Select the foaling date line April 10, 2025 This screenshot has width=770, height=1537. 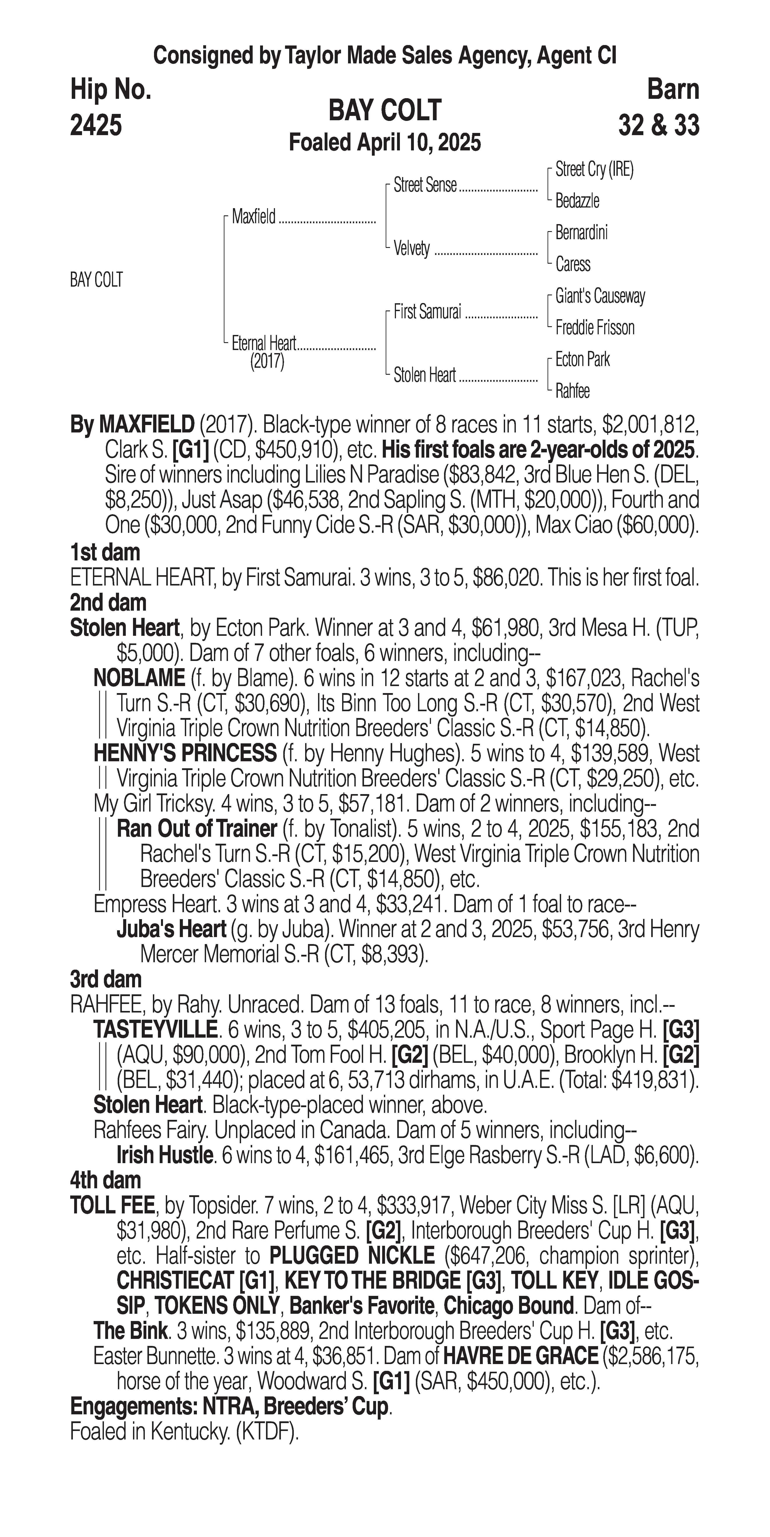(385, 143)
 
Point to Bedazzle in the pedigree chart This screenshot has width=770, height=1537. (577, 201)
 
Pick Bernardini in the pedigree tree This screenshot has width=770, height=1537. (581, 233)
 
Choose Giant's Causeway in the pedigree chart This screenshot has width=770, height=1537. (600, 296)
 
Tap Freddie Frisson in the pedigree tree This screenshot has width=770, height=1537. (595, 328)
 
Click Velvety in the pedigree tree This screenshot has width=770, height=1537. (412, 248)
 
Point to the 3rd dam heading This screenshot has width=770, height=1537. (106, 979)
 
